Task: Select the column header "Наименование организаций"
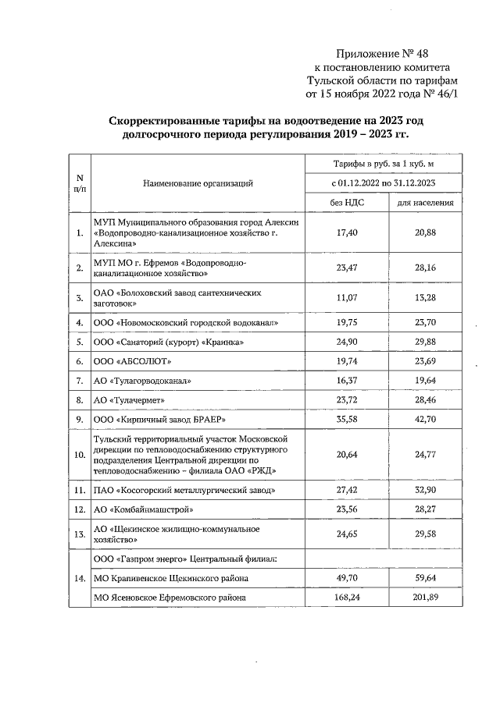pyautogui.click(x=198, y=183)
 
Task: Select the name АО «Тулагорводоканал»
pyautogui.click(x=141, y=381)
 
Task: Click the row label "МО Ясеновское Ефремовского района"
pyautogui.click(x=170, y=598)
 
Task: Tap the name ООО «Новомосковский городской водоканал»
pyautogui.click(x=185, y=322)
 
